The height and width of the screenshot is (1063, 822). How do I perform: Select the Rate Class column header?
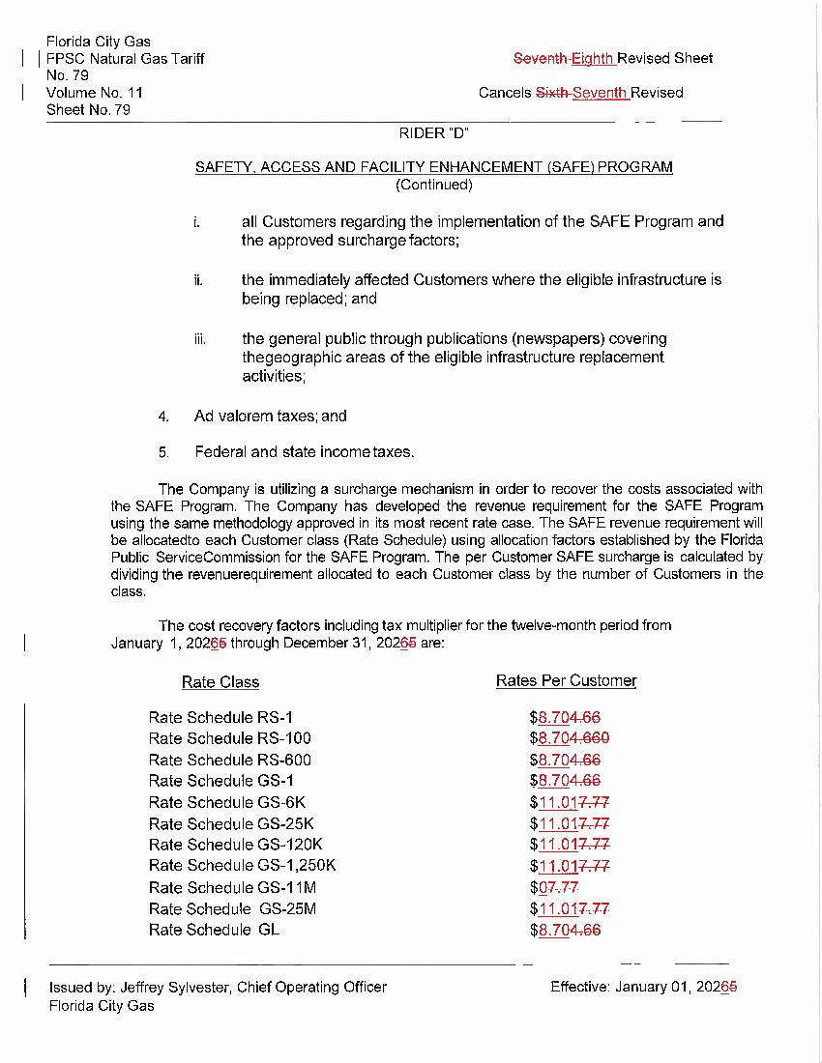(x=220, y=682)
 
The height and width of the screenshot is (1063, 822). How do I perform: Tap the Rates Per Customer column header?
(x=566, y=681)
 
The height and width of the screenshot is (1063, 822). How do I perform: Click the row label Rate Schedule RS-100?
(x=230, y=739)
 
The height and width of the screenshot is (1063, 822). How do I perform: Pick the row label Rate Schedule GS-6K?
(x=227, y=803)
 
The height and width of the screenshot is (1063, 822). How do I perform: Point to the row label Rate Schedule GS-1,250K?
(x=243, y=866)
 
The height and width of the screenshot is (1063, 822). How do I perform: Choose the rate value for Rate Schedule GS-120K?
(x=570, y=845)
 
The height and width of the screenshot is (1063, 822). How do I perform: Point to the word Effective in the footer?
(x=579, y=987)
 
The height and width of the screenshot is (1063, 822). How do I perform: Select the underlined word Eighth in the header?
(x=593, y=58)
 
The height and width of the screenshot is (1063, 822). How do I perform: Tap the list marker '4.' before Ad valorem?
(x=164, y=417)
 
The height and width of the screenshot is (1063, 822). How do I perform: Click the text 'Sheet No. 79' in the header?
(x=89, y=110)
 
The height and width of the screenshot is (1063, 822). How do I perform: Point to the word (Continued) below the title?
(x=434, y=185)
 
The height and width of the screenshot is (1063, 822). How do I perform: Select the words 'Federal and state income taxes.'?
(x=304, y=452)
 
